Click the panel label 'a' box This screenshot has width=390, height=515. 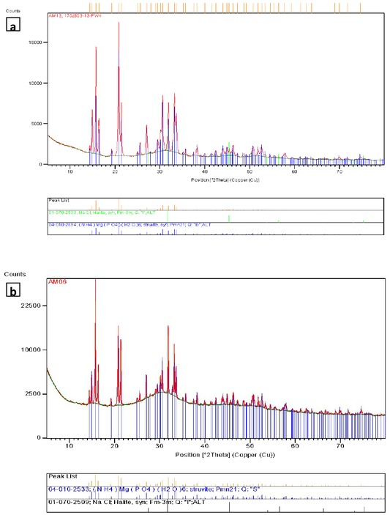click(x=12, y=27)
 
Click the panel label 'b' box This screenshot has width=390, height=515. click(x=12, y=291)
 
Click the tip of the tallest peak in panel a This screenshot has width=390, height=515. click(x=119, y=23)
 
